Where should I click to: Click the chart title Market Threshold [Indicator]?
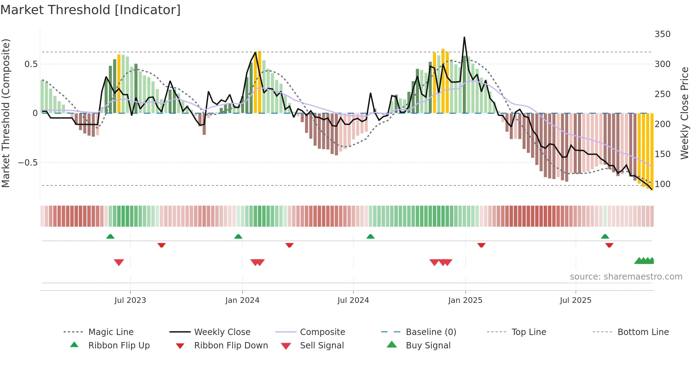[91, 10]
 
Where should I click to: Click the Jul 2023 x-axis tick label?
[130, 300]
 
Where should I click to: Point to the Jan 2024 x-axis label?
[242, 300]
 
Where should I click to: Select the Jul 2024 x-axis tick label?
[353, 300]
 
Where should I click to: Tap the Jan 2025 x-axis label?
[465, 300]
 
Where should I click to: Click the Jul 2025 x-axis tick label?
[575, 300]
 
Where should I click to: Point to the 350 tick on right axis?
[662, 34]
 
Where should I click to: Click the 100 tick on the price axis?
[662, 184]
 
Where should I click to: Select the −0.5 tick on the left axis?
[28, 163]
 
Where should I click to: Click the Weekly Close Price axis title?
[685, 113]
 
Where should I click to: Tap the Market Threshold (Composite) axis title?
[6, 113]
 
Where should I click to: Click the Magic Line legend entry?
[111, 332]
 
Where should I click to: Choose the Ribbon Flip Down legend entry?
[231, 346]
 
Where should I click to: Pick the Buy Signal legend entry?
[428, 346]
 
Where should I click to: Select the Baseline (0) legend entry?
[431, 332]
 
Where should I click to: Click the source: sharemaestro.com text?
[626, 277]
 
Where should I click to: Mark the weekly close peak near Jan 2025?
[464, 37]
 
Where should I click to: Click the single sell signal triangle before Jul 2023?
[119, 262]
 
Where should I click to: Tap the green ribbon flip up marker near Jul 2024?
[370, 237]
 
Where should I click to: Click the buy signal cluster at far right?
[645, 261]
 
